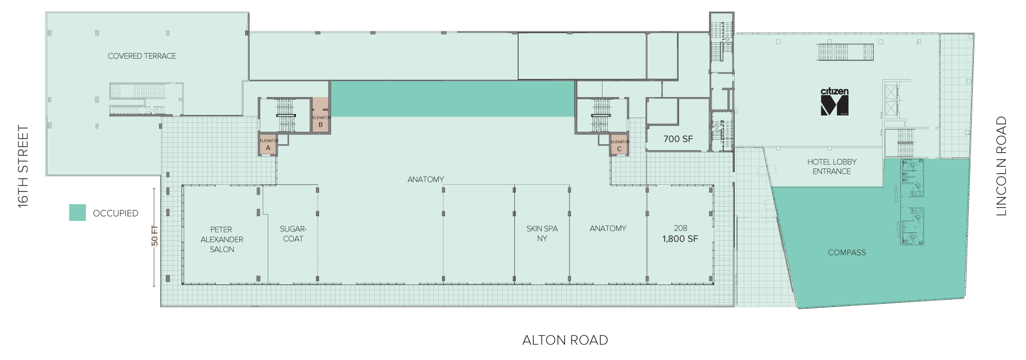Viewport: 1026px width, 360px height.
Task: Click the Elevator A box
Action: tap(268, 144)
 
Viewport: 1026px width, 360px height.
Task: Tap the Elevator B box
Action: tap(321, 115)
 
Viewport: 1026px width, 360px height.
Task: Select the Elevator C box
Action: tap(619, 145)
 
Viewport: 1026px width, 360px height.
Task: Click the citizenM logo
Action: tap(834, 102)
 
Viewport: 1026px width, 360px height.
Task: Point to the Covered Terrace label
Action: tap(142, 56)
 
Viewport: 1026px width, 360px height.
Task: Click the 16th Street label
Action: tap(23, 166)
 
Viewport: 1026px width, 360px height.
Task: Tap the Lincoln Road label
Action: tap(1001, 166)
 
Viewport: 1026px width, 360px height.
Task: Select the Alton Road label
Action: tap(565, 340)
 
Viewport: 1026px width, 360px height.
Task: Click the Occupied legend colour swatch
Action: tap(78, 213)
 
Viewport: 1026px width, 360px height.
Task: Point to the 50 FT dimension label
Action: tap(154, 236)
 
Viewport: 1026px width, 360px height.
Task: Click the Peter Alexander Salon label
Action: tap(221, 239)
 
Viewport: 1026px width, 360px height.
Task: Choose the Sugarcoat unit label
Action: tap(293, 234)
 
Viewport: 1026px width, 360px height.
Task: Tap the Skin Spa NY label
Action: tap(542, 234)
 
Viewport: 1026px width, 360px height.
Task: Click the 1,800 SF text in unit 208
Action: tap(680, 239)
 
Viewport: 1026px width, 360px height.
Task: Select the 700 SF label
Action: tap(678, 139)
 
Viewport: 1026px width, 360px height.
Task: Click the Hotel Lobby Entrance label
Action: tap(832, 166)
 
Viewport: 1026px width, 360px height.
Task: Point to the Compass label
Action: tap(847, 252)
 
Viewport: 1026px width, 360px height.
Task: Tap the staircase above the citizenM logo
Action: tap(845, 52)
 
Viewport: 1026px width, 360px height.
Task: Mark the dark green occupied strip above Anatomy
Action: tap(452, 99)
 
